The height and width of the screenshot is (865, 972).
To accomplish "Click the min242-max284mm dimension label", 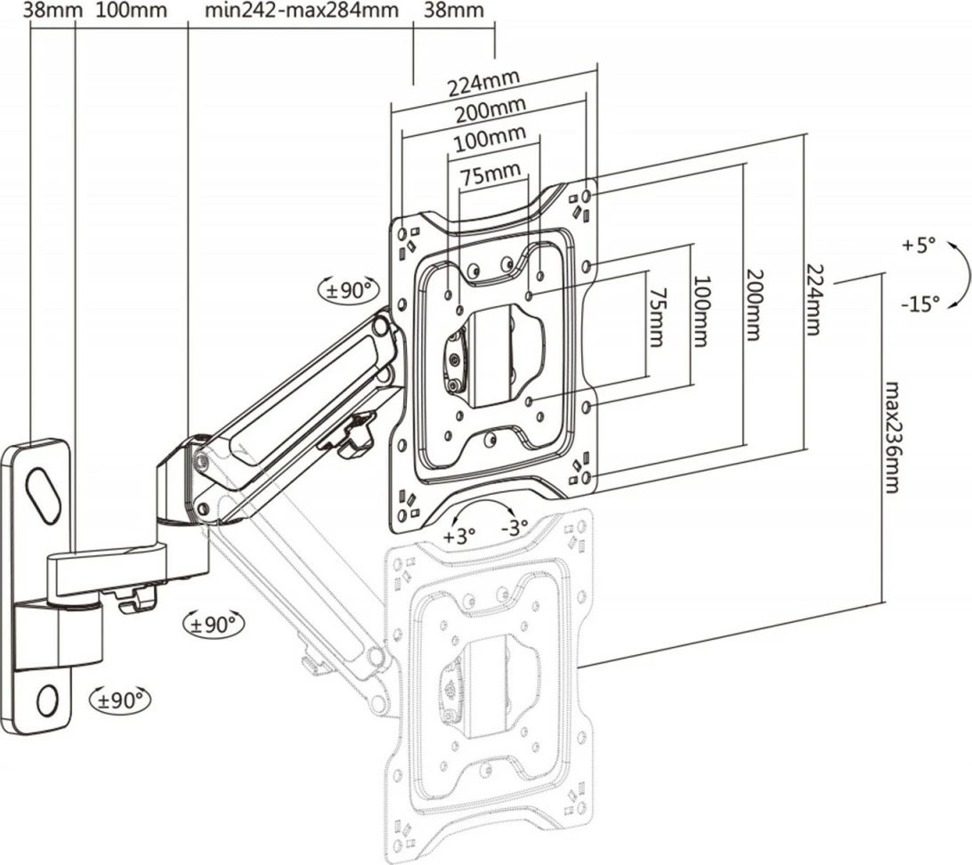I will coord(300,12).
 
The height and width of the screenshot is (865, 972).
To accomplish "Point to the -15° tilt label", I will coord(919,303).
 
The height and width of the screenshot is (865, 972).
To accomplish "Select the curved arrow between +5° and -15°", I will coord(956,275).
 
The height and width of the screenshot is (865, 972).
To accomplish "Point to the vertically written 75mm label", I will coord(656,317).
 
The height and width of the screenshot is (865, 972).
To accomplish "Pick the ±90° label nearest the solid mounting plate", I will coord(349,290).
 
